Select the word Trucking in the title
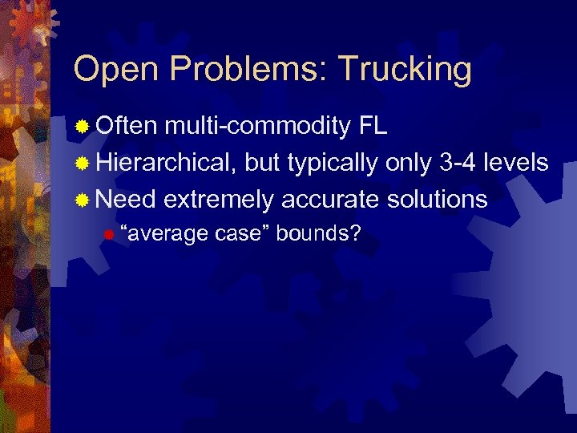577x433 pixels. [405, 70]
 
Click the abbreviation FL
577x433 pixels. [373, 127]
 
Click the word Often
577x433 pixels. [127, 127]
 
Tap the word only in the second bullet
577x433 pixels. [404, 164]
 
